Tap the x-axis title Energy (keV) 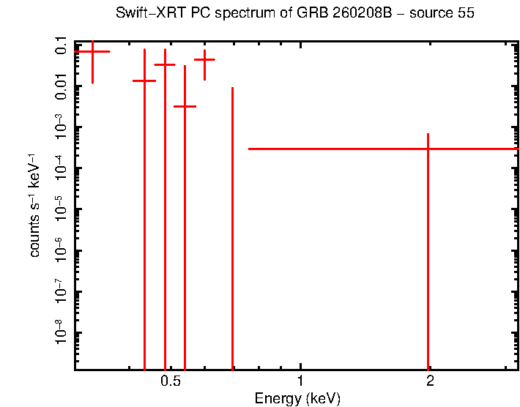297,399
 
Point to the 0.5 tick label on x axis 171,382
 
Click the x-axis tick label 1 300,382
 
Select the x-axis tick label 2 430,382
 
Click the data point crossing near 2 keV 428,149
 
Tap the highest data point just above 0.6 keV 204,59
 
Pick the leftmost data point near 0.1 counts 92,52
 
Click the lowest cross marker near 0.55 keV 185,106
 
